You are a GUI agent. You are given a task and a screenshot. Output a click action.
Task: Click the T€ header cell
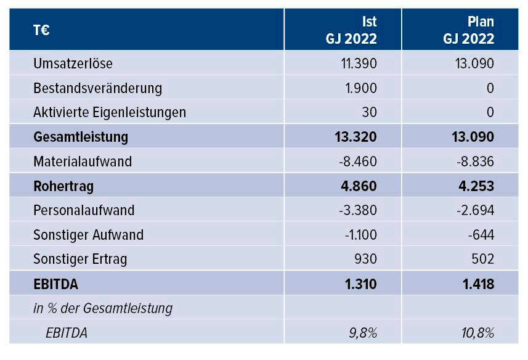(42, 30)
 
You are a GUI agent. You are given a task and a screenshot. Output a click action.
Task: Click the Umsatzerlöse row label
(73, 63)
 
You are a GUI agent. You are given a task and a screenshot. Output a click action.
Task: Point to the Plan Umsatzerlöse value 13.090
(475, 63)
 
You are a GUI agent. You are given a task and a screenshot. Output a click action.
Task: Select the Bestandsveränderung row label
(97, 88)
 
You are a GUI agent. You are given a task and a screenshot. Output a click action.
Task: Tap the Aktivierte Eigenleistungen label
(110, 112)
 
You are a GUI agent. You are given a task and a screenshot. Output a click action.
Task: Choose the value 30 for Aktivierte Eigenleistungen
(369, 112)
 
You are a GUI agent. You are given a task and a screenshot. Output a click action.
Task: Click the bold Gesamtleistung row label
(81, 137)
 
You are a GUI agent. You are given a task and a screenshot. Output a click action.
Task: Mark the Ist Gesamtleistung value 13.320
(357, 137)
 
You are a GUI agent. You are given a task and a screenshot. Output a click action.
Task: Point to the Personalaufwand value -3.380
(358, 210)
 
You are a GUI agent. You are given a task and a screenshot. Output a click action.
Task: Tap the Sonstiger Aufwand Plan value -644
(481, 235)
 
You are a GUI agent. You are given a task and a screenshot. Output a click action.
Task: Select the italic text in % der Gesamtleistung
(103, 308)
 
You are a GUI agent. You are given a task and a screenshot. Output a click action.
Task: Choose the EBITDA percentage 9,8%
(363, 333)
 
